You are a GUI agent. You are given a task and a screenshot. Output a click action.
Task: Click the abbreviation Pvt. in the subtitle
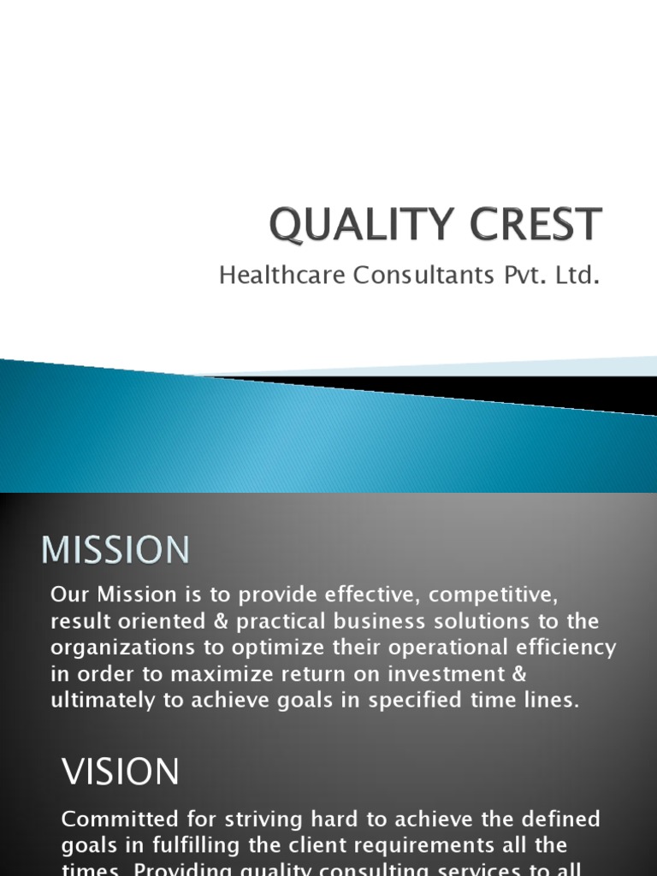517,275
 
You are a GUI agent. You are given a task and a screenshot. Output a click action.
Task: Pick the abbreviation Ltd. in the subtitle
572,275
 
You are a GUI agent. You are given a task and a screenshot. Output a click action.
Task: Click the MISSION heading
115,549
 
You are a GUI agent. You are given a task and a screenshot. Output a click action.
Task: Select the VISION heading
121,772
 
